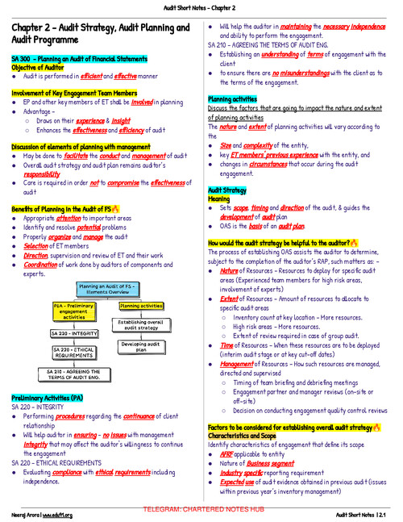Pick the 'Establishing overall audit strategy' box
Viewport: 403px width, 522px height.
pos(143,325)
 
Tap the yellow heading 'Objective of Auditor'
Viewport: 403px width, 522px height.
pos(37,69)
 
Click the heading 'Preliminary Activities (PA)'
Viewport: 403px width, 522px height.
pos(46,399)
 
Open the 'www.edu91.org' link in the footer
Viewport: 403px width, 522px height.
pos(58,515)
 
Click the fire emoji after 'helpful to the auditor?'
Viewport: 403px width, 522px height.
pos(356,219)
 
